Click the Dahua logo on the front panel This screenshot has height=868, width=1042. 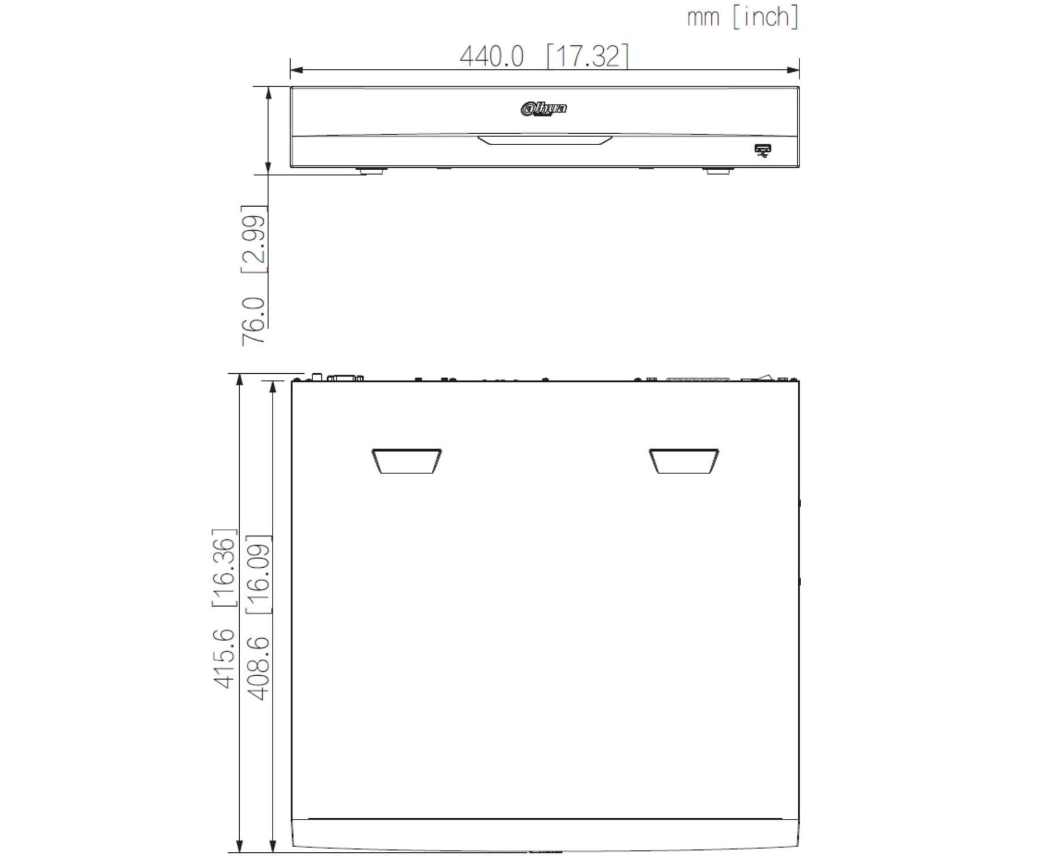pyautogui.click(x=544, y=108)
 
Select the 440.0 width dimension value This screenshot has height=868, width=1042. pyautogui.click(x=491, y=57)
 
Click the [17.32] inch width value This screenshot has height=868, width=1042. pyautogui.click(x=588, y=56)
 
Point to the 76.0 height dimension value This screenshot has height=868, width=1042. pyautogui.click(x=254, y=322)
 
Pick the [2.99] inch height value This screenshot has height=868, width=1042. pyautogui.click(x=254, y=239)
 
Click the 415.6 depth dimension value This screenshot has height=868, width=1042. pyautogui.click(x=225, y=659)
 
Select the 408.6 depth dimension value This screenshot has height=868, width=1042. pyautogui.click(x=258, y=668)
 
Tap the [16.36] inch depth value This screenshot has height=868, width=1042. pyautogui.click(x=225, y=567)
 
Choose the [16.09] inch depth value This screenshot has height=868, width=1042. pyautogui.click(x=258, y=575)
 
